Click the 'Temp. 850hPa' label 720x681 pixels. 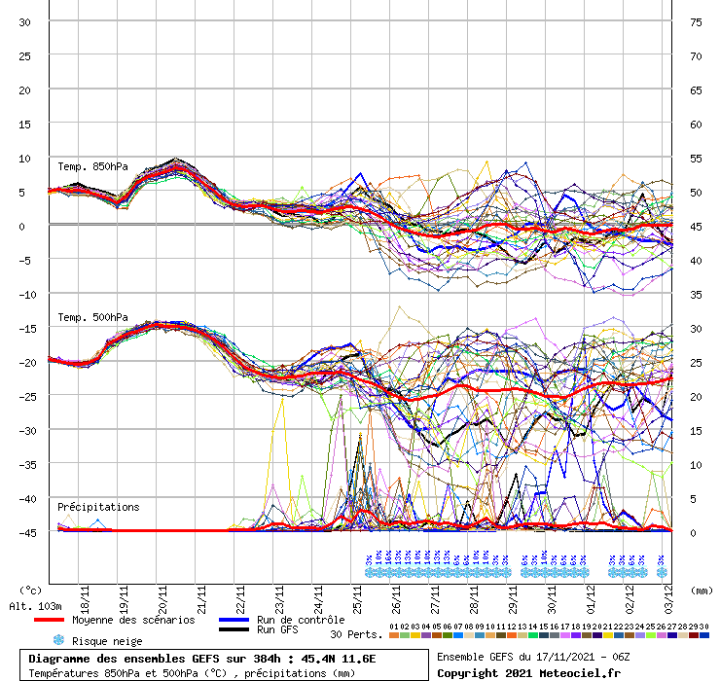(92, 166)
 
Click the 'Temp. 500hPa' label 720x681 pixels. (92, 317)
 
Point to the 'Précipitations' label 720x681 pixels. (98, 507)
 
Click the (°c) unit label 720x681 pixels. (30, 590)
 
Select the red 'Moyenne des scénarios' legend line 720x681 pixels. (62, 620)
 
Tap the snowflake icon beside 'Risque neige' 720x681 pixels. (58, 640)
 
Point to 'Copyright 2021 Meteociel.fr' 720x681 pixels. (529, 672)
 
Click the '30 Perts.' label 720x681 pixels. (356, 634)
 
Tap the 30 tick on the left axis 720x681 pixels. (25, 21)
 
